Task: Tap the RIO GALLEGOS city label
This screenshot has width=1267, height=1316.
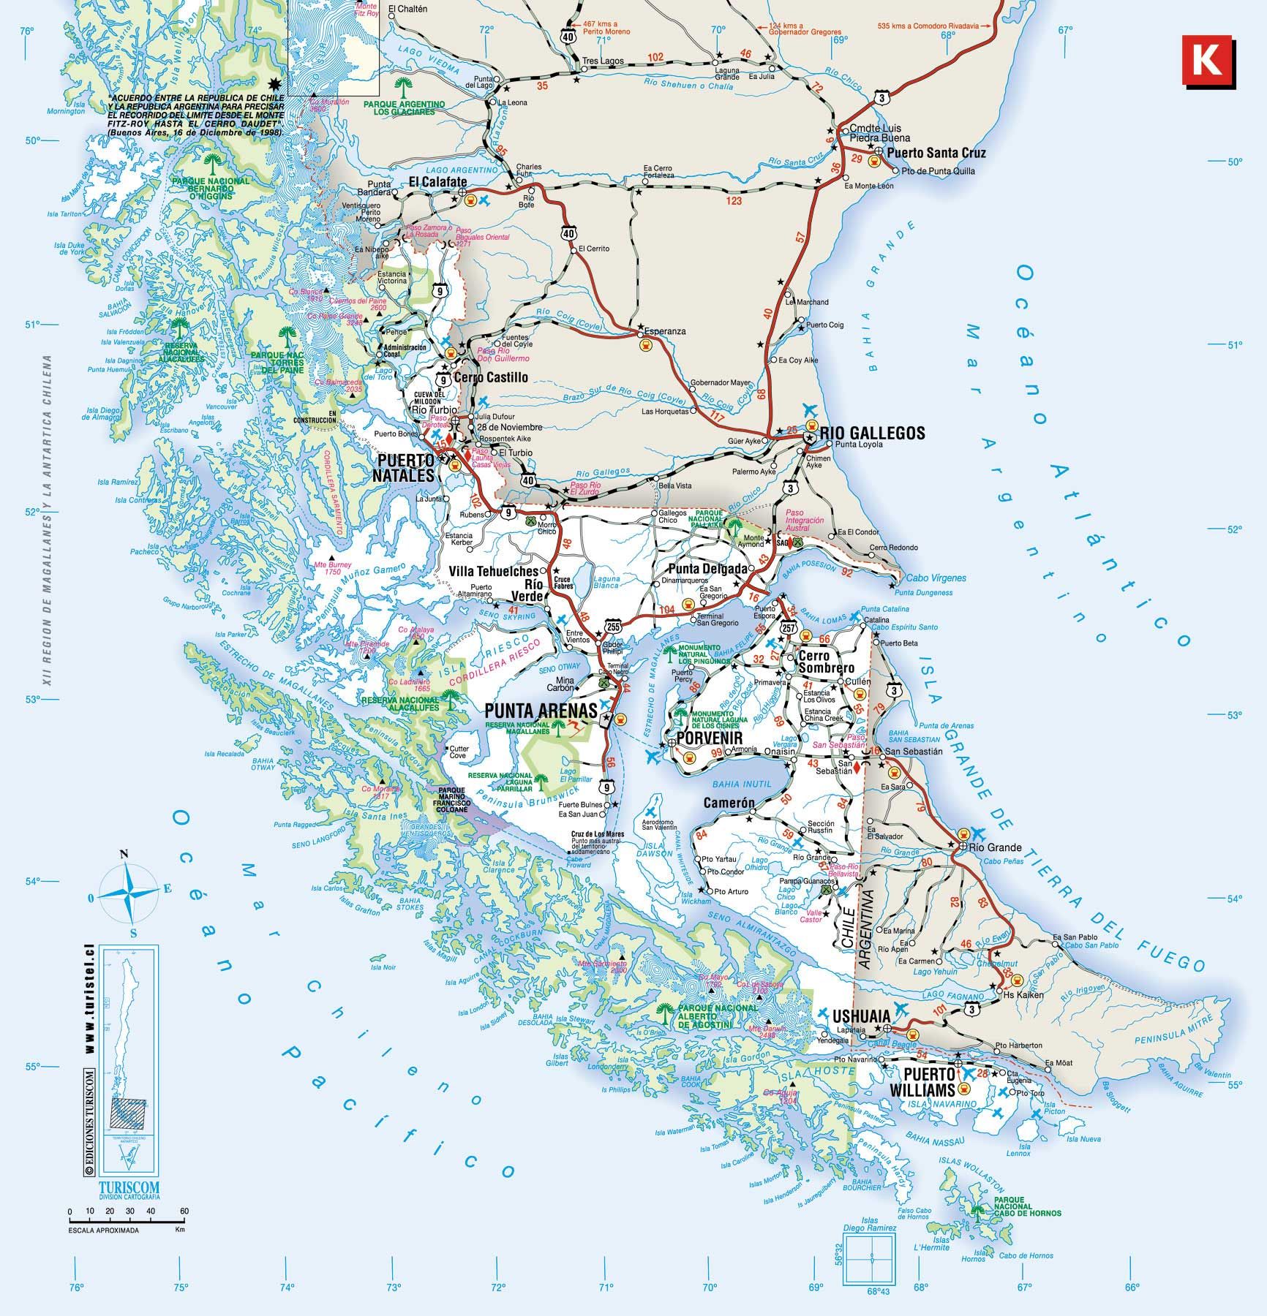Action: pos(872,433)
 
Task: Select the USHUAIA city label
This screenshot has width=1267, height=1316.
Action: pos(862,1016)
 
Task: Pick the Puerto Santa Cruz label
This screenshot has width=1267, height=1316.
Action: pos(936,153)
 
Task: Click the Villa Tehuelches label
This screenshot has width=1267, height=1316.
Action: pos(493,571)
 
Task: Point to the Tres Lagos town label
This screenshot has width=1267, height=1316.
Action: pos(596,61)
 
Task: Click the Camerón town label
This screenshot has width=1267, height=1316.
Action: pos(729,803)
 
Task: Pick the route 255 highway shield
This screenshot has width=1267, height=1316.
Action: pos(613,627)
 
